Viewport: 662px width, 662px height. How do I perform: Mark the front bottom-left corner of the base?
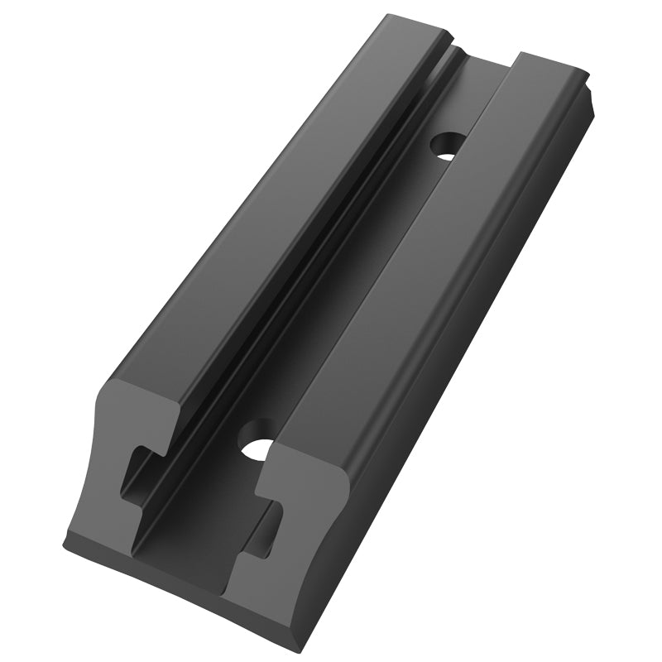(66, 546)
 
